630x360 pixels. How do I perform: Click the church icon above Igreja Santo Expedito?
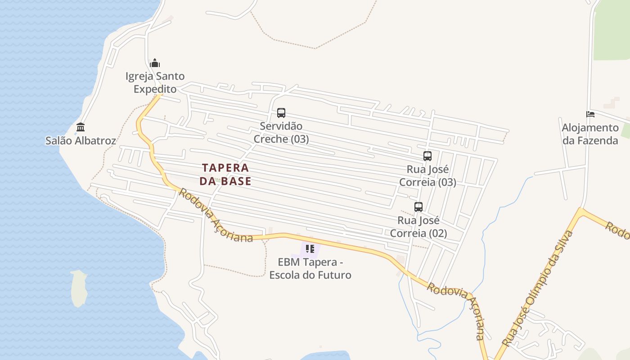pyautogui.click(x=155, y=63)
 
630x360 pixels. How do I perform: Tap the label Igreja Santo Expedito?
pyautogui.click(x=155, y=82)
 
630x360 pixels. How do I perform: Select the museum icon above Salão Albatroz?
pyautogui.click(x=81, y=127)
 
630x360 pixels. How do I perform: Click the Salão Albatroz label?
pyautogui.click(x=81, y=140)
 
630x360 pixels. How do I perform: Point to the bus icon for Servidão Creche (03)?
pyautogui.click(x=281, y=113)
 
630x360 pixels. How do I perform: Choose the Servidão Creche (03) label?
pyautogui.click(x=281, y=132)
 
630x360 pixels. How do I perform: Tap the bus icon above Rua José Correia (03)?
pyautogui.click(x=427, y=156)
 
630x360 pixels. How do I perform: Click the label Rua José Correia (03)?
pyautogui.click(x=427, y=176)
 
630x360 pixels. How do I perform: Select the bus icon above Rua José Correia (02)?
pyautogui.click(x=418, y=207)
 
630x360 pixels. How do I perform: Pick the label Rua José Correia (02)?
pyautogui.click(x=418, y=227)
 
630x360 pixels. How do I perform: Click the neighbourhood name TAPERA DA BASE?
pyautogui.click(x=225, y=174)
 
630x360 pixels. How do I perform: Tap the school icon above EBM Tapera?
pyautogui.click(x=310, y=248)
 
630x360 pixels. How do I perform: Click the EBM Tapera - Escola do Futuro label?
pyautogui.click(x=310, y=268)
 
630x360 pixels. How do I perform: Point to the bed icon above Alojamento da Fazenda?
pyautogui.click(x=590, y=114)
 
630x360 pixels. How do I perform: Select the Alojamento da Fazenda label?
pyautogui.click(x=590, y=134)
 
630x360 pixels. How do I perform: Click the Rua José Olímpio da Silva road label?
pyautogui.click(x=539, y=288)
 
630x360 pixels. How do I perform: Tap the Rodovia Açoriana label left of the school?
pyautogui.click(x=216, y=216)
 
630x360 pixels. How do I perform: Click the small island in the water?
pyautogui.click(x=79, y=288)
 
